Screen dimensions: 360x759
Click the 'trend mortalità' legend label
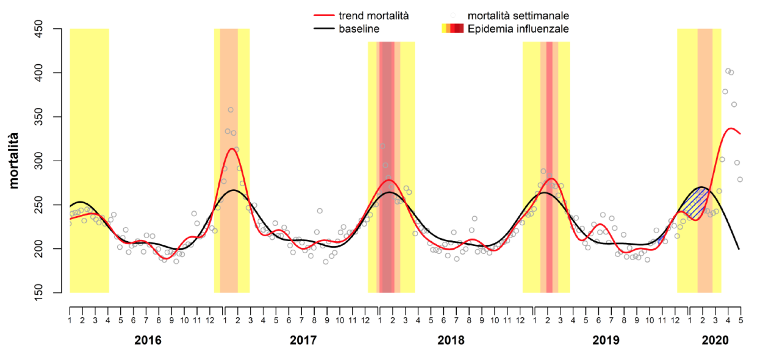(373, 16)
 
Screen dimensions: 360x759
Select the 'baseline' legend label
(359, 29)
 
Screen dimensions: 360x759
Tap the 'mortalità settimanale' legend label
(518, 16)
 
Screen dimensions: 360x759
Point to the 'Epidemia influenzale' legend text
(518, 29)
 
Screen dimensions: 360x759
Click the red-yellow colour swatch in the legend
(452, 29)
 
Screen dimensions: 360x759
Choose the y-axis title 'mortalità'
(14, 161)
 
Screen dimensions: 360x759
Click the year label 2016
(148, 340)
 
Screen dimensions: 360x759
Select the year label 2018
(451, 340)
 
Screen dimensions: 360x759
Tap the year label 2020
(715, 340)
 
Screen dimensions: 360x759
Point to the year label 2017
(303, 340)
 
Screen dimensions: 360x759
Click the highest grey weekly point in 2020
(728, 71)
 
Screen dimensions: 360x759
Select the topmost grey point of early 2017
(230, 110)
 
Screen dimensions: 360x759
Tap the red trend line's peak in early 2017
(232, 149)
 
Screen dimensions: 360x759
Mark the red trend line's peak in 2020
(730, 129)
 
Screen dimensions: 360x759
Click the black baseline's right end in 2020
(739, 249)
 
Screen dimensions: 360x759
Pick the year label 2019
(605, 340)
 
